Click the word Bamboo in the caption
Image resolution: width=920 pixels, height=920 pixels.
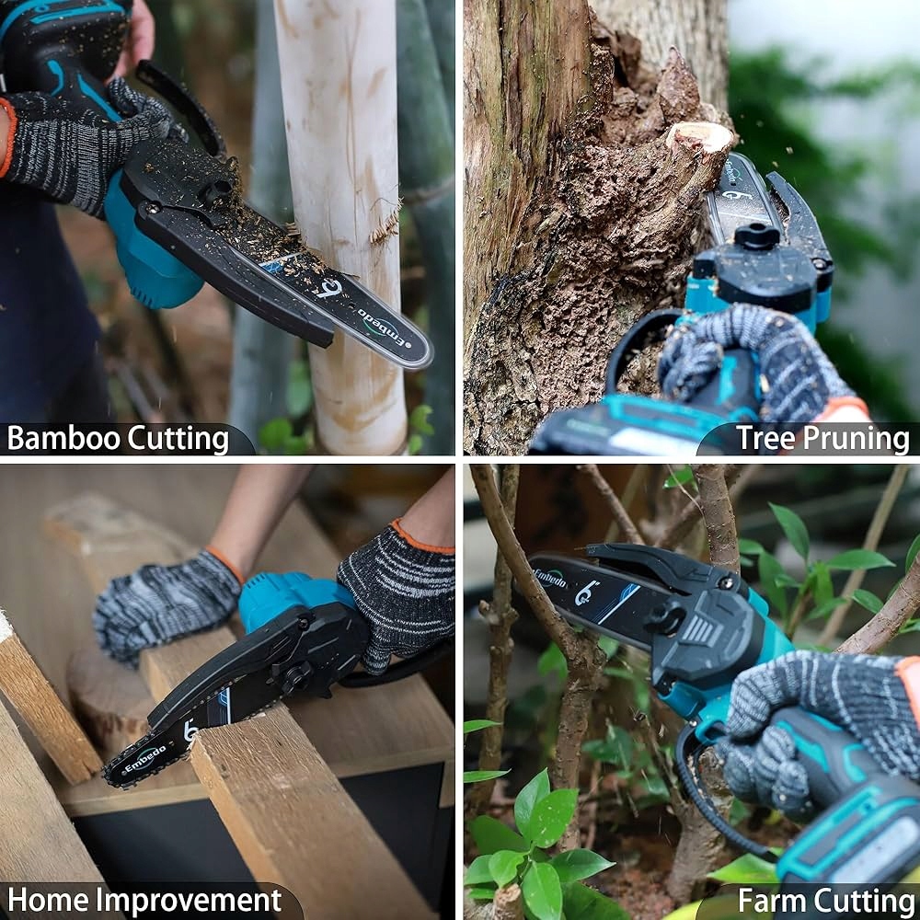pos(63,438)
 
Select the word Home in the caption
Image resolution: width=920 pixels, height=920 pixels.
pos(48,900)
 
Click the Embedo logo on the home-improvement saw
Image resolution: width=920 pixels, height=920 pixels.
pos(144,761)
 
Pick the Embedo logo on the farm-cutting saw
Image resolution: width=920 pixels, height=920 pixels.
pos(550,578)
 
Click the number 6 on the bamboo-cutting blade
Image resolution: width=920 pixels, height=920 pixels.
pos(331,287)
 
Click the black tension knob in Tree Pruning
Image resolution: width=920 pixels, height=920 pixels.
pos(756,236)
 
